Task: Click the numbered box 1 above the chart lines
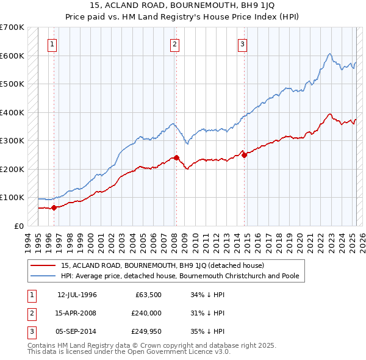coord(52,43)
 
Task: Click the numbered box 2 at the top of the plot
coord(174,43)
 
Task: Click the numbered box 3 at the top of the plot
coord(242,43)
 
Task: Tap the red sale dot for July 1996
coord(54,207)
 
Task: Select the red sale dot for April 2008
coord(176,157)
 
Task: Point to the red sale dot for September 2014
coord(244,155)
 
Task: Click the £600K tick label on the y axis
coord(12,56)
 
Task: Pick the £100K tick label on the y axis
coord(12,198)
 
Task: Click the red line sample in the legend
coord(44,265)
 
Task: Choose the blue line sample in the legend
coord(44,276)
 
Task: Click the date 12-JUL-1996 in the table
coord(77,294)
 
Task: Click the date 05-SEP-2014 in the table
coord(77,332)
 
